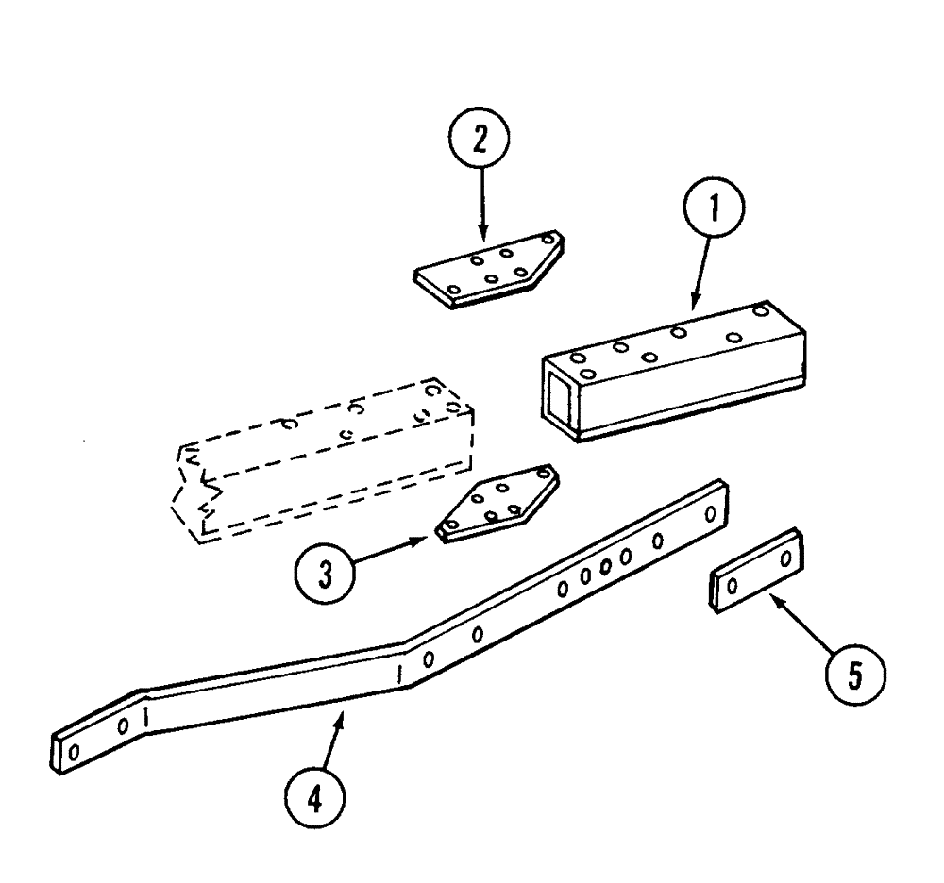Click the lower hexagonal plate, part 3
(496, 504)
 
